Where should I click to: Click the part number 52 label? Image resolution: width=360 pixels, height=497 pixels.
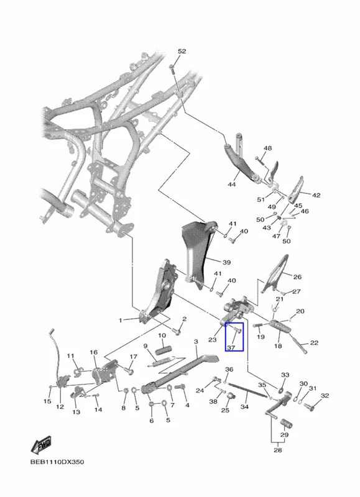(x=182, y=52)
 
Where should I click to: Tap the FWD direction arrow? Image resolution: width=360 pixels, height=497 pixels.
(x=41, y=445)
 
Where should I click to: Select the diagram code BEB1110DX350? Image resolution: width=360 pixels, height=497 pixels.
(x=57, y=462)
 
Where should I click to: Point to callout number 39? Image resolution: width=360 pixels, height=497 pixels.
(x=226, y=262)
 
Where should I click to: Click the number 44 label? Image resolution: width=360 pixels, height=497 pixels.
(x=232, y=184)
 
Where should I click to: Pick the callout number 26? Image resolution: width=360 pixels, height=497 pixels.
(x=297, y=276)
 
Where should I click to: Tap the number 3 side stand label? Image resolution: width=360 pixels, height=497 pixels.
(x=196, y=342)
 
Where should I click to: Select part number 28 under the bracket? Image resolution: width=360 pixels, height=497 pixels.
(x=277, y=450)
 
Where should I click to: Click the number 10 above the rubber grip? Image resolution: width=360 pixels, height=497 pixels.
(x=162, y=335)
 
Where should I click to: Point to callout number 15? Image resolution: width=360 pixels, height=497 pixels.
(x=47, y=401)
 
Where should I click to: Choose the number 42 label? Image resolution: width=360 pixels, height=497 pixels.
(x=316, y=195)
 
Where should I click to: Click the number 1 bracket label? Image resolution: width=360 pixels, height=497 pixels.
(x=120, y=321)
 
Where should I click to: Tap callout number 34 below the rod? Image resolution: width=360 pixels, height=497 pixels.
(x=244, y=406)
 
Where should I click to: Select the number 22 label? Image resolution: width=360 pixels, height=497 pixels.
(x=314, y=343)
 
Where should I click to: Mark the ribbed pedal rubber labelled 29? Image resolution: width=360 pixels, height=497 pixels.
(x=285, y=424)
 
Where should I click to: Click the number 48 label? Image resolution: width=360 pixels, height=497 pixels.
(x=268, y=148)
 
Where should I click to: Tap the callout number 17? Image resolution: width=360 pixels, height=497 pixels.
(x=133, y=357)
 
